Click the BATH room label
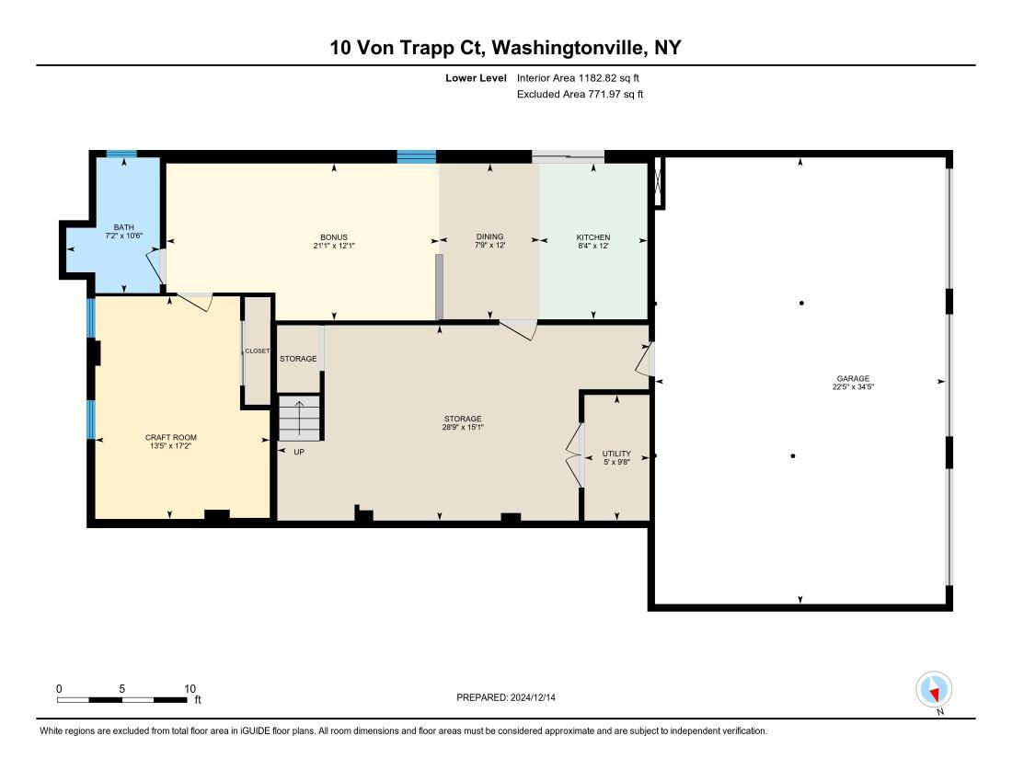[x=124, y=227]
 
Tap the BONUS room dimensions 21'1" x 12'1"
[x=334, y=246]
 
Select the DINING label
[x=489, y=236]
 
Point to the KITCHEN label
[x=593, y=237]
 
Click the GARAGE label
[x=853, y=379]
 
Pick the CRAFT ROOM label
[x=171, y=437]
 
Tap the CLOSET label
[x=258, y=351]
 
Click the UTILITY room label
[x=616, y=454]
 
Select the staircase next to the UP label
[x=299, y=418]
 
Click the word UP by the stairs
[x=299, y=453]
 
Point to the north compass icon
[x=933, y=690]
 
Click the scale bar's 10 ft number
[x=190, y=688]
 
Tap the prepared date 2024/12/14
[x=533, y=697]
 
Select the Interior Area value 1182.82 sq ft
[x=609, y=78]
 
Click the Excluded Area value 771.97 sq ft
[x=615, y=94]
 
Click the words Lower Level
[x=476, y=78]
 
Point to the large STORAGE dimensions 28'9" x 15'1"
[x=463, y=427]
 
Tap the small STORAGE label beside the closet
[x=298, y=359]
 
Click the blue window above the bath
[x=121, y=155]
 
